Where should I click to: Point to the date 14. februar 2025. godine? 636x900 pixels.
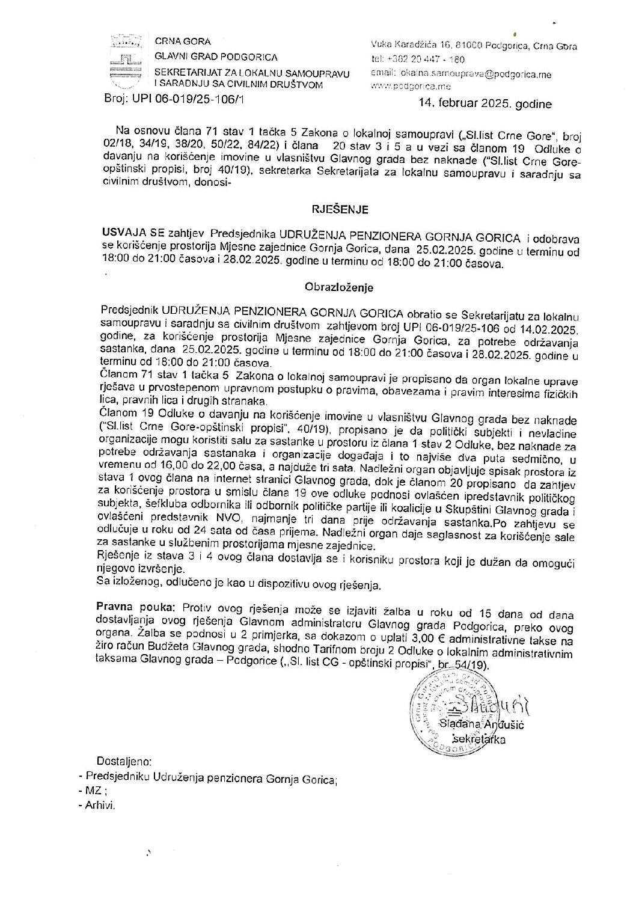coord(485,104)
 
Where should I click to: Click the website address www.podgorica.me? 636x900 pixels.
coord(403,87)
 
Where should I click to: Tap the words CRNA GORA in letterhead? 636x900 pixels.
coord(183,41)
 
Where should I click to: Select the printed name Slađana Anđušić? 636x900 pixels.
coord(482,725)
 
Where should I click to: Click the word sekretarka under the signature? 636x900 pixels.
coord(479,739)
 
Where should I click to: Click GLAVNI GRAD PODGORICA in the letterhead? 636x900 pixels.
coord(216,57)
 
